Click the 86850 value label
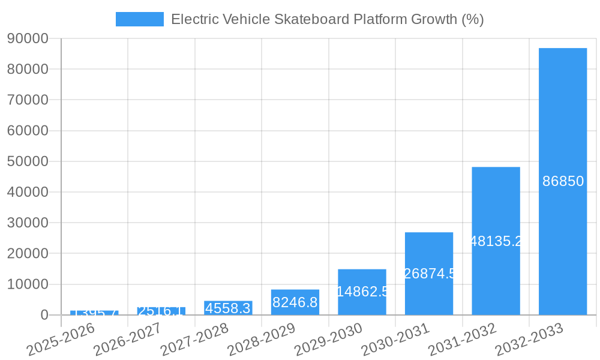pyautogui.click(x=563, y=181)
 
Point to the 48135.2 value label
pyautogui.click(x=496, y=241)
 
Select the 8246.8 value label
pyautogui.click(x=295, y=302)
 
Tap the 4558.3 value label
pyautogui.click(x=228, y=308)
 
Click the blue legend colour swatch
pyautogui.click(x=139, y=19)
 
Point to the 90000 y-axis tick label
pyautogui.click(x=28, y=38)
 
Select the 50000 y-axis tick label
pyautogui.click(x=28, y=161)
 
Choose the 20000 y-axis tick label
pyautogui.click(x=28, y=254)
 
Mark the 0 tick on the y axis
pyautogui.click(x=44, y=315)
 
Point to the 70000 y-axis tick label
pyautogui.click(x=28, y=100)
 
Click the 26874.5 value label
pyautogui.click(x=429, y=274)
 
